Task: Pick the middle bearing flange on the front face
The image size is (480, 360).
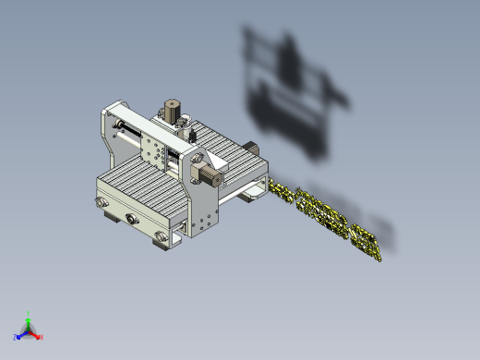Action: [130, 219]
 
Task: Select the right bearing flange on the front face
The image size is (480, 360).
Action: [163, 238]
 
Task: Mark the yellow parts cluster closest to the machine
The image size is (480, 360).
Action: [282, 192]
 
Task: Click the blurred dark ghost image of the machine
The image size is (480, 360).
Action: [291, 92]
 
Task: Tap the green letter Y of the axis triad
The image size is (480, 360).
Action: [30, 313]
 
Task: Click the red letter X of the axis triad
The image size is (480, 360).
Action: [42, 337]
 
